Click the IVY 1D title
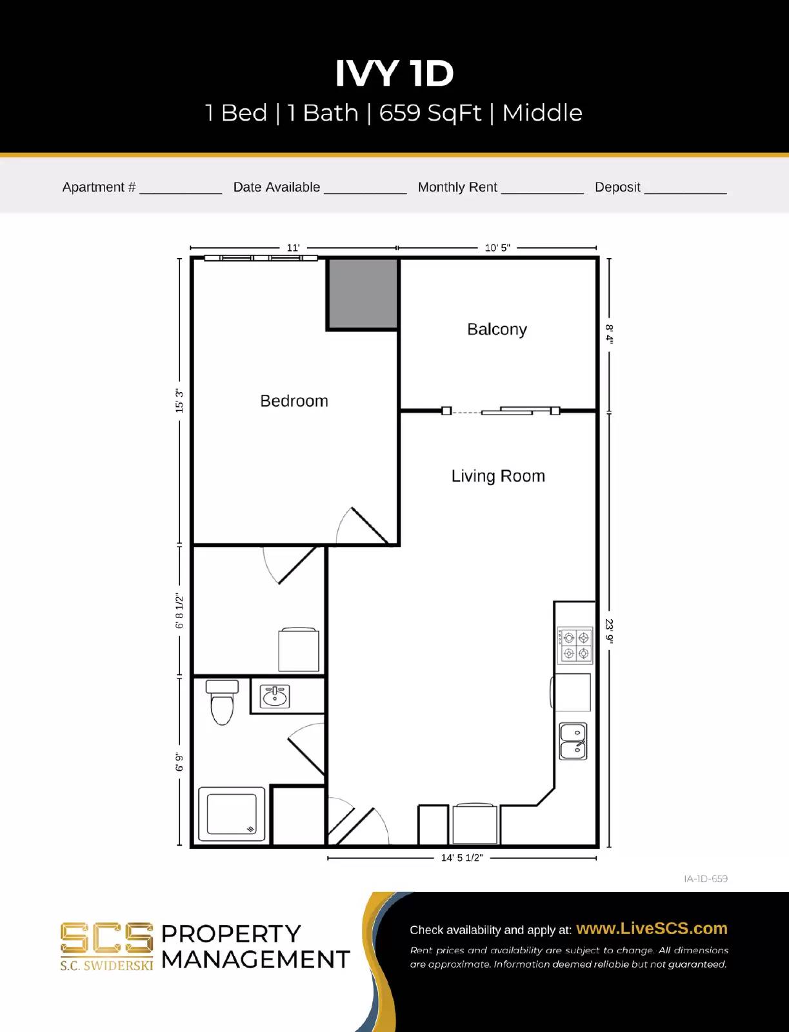(x=394, y=73)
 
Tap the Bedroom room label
(x=294, y=401)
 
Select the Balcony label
(x=497, y=329)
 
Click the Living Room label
(x=498, y=476)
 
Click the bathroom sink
(x=275, y=696)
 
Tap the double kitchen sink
(x=573, y=741)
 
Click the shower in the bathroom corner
(x=232, y=814)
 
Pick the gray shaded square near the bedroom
(x=363, y=294)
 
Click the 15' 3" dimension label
(x=179, y=401)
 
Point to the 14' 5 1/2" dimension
(x=461, y=858)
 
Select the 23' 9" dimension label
(x=609, y=631)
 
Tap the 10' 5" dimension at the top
(x=497, y=248)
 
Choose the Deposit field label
(x=617, y=187)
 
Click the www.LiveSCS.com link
(x=652, y=928)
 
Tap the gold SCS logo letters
(x=106, y=938)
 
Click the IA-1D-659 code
(x=706, y=878)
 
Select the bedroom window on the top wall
(x=261, y=258)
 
